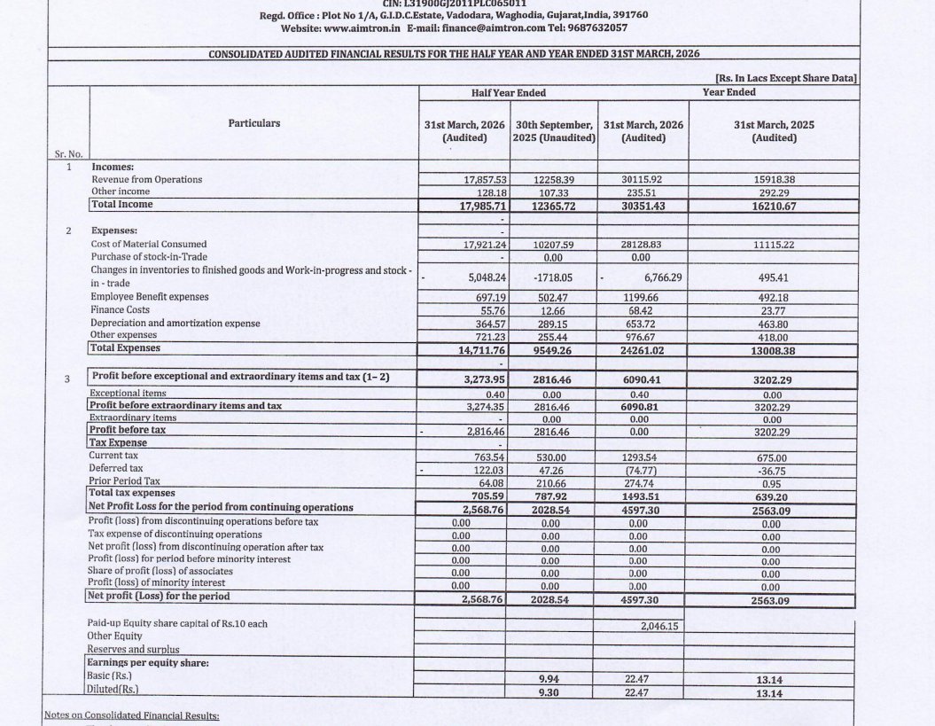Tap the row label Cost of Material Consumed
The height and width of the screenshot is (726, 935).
pyautogui.click(x=149, y=244)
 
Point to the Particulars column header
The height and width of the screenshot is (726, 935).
pyautogui.click(x=253, y=123)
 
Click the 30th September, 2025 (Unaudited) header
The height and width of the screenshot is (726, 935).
pyautogui.click(x=555, y=131)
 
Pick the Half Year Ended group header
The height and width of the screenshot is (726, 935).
pyautogui.click(x=509, y=92)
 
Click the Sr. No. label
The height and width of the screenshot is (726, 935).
pyautogui.click(x=67, y=154)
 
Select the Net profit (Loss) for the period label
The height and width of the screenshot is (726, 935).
pyautogui.click(x=160, y=596)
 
